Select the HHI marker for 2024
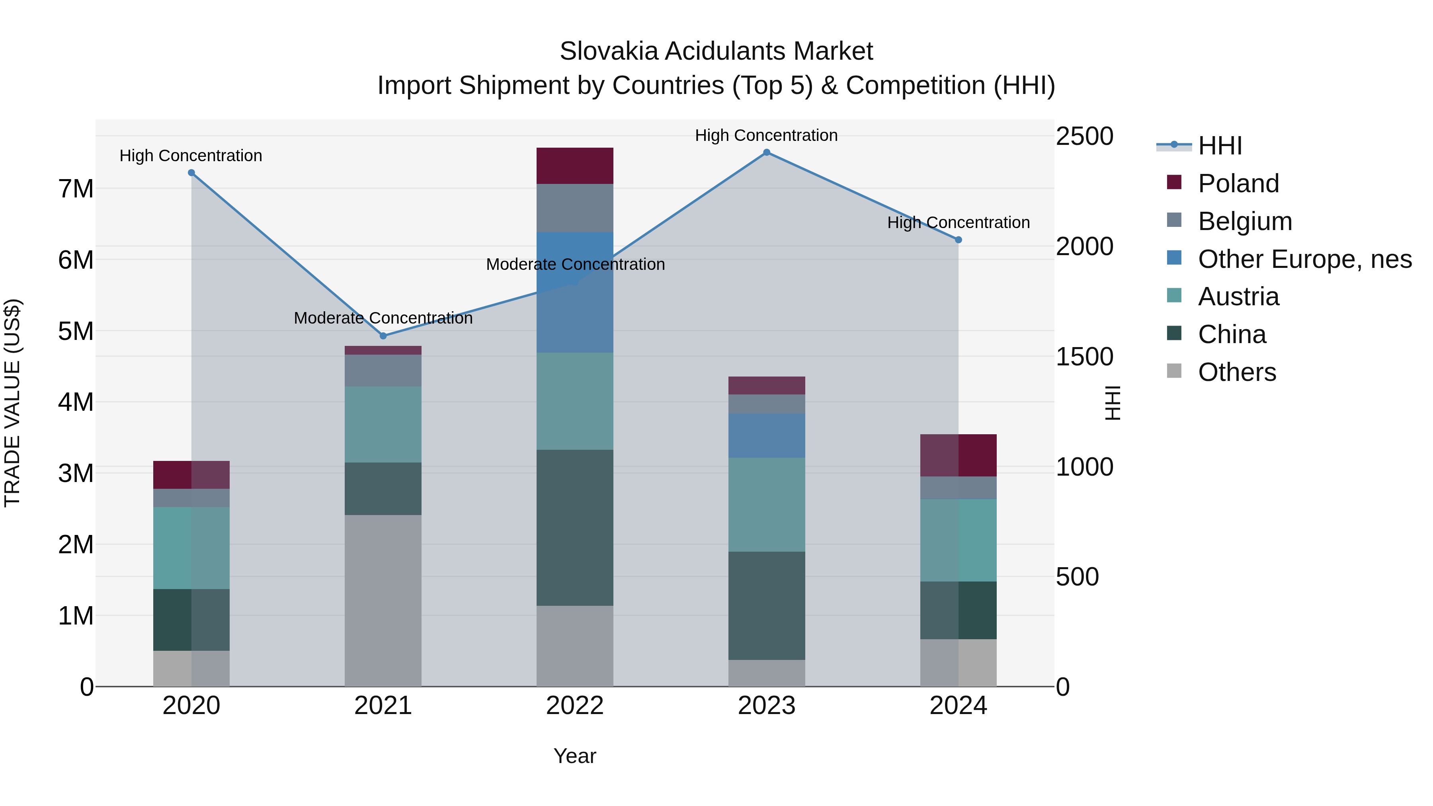pos(958,240)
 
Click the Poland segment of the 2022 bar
pos(575,166)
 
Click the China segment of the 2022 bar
pos(575,527)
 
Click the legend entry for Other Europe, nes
pos(1304,259)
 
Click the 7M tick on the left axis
pos(76,189)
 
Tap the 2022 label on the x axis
pos(575,706)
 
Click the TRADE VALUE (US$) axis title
pos(13,403)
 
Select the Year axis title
pos(575,756)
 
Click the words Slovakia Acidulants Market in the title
pos(716,51)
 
